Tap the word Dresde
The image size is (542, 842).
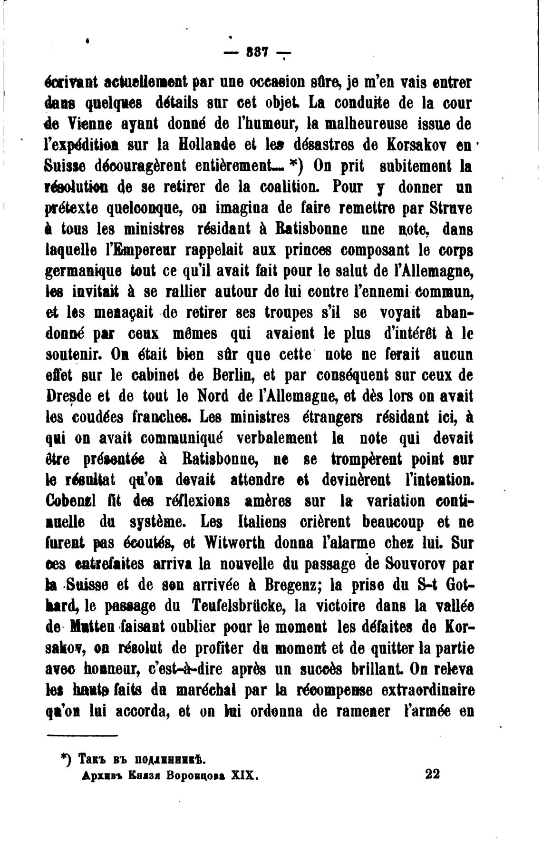point(70,396)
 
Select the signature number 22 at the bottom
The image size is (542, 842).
point(433,774)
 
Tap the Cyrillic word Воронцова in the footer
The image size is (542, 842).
point(192,775)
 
